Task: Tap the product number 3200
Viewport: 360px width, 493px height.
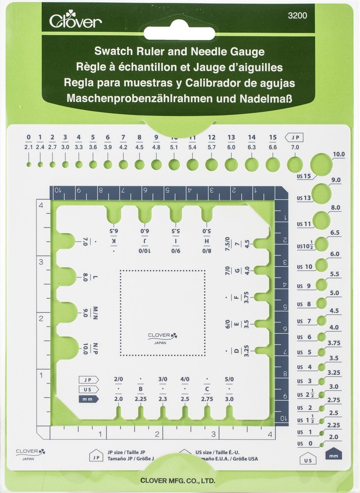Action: click(x=297, y=15)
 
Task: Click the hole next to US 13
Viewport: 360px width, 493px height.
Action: click(x=321, y=192)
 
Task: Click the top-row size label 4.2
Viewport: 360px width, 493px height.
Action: click(x=123, y=146)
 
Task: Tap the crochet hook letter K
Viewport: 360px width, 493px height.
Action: click(x=114, y=241)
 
